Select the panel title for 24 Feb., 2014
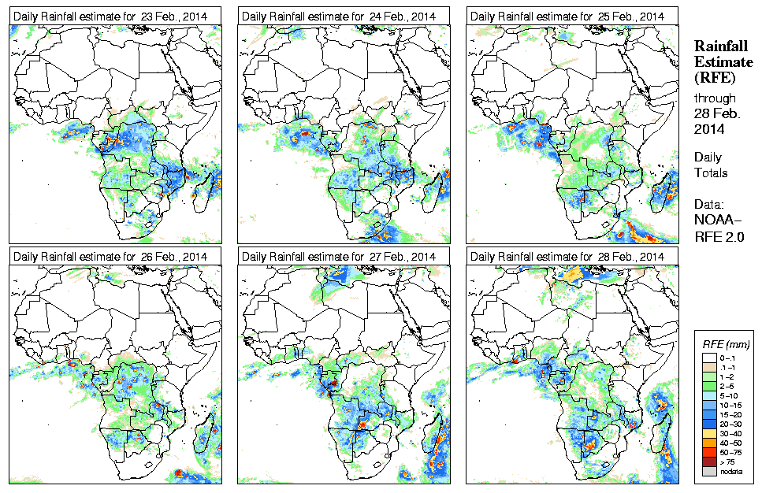click(x=338, y=16)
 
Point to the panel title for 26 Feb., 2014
click(x=110, y=257)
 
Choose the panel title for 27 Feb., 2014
click(x=338, y=257)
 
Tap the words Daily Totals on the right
click(x=711, y=165)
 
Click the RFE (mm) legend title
click(x=725, y=344)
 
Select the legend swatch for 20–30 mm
click(x=709, y=421)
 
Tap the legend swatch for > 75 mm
click(x=709, y=461)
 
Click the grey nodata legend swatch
click(x=709, y=471)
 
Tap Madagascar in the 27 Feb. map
click(x=436, y=436)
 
